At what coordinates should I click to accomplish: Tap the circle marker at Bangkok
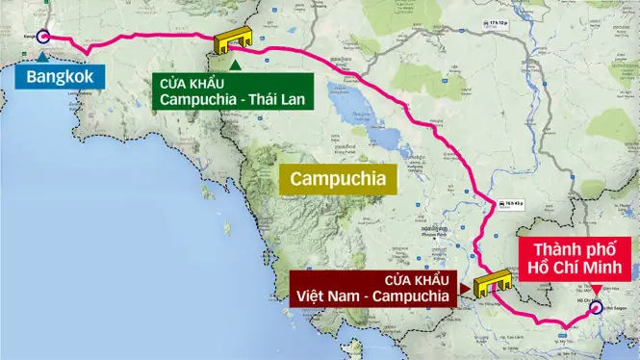(42, 38)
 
